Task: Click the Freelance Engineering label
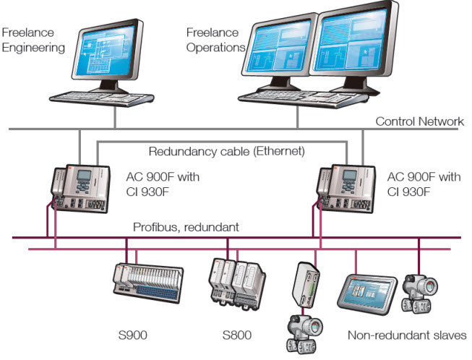click(33, 40)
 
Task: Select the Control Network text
click(419, 121)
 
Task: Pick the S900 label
click(134, 335)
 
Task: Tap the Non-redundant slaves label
click(407, 335)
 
